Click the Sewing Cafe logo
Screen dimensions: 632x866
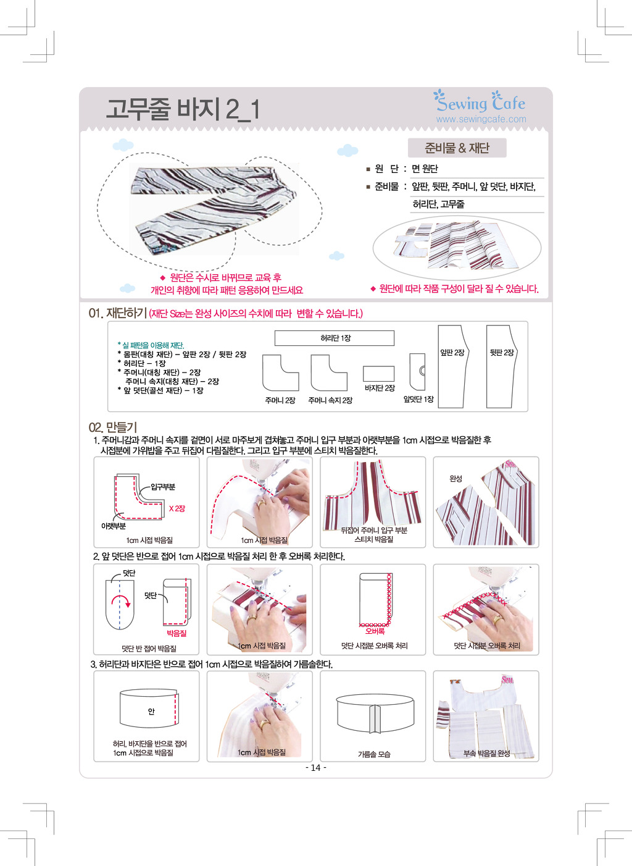pyautogui.click(x=479, y=101)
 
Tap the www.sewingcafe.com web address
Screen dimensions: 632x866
pyautogui.click(x=481, y=119)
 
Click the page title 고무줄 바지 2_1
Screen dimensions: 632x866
pyautogui.click(x=183, y=109)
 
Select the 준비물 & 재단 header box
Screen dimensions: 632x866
pyautogui.click(x=457, y=148)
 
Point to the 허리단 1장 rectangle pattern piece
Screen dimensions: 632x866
pyautogui.click(x=334, y=338)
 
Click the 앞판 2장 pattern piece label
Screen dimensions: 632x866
pyautogui.click(x=452, y=353)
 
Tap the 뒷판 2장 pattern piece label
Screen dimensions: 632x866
pyautogui.click(x=501, y=353)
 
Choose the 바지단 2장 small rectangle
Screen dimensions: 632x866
pyautogui.click(x=378, y=374)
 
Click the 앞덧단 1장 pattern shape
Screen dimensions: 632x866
pyautogui.click(x=418, y=371)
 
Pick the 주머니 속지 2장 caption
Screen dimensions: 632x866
pyautogui.click(x=330, y=400)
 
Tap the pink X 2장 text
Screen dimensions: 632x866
pyautogui.click(x=177, y=508)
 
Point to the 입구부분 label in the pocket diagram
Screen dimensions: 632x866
pyautogui.click(x=163, y=487)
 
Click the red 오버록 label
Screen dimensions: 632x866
pyautogui.click(x=375, y=631)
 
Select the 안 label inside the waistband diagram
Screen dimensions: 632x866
pyautogui.click(x=151, y=711)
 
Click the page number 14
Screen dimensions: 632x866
pyautogui.click(x=315, y=768)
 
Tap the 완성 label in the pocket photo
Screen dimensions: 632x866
pyautogui.click(x=456, y=479)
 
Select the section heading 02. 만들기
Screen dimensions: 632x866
pyautogui.click(x=113, y=427)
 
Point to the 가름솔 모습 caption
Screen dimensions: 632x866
pyautogui.click(x=373, y=754)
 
